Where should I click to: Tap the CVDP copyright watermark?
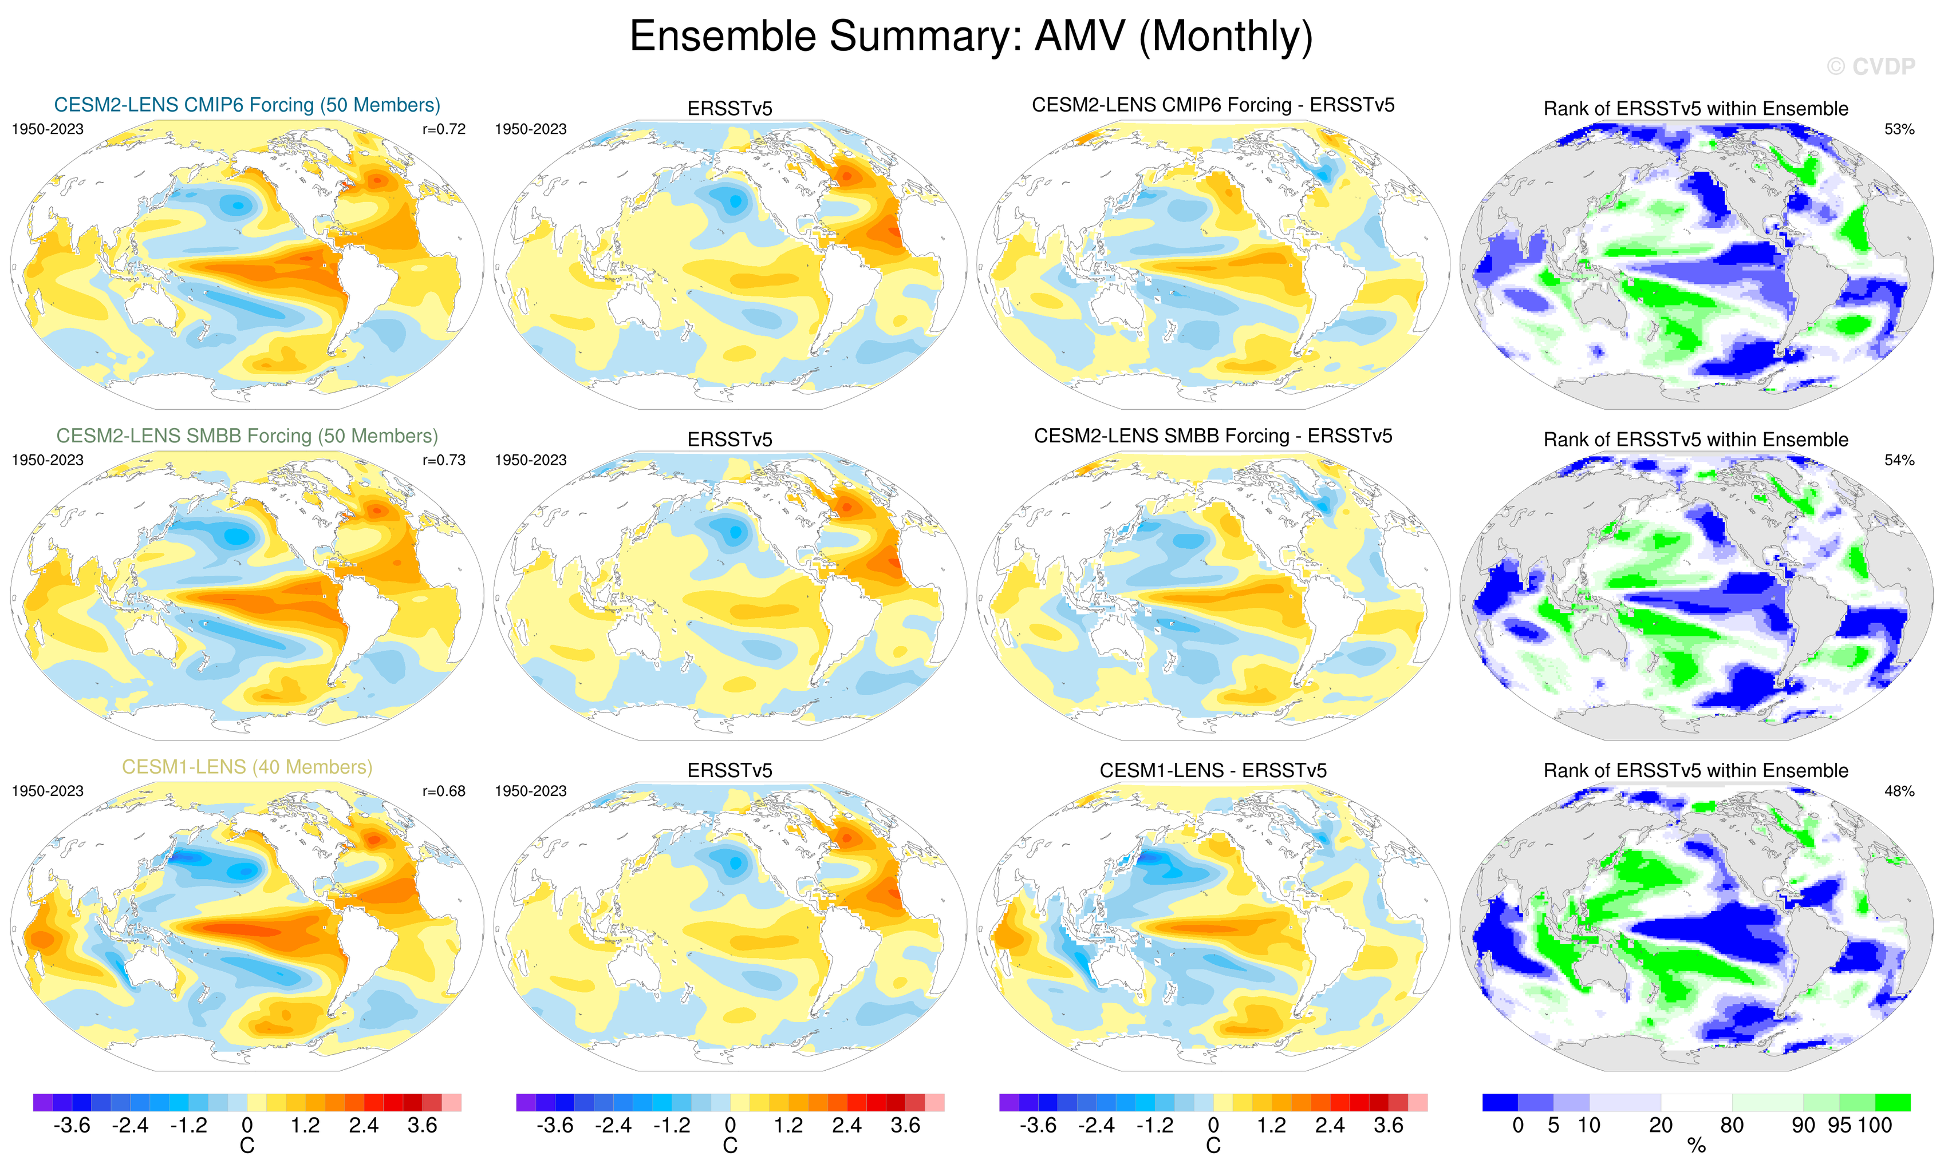(1871, 67)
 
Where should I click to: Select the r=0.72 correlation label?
(443, 129)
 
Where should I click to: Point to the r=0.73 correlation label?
(443, 460)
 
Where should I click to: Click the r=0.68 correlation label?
(443, 791)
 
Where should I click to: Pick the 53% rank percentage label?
(1899, 129)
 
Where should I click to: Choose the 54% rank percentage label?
(1899, 460)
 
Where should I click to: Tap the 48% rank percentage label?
(1899, 791)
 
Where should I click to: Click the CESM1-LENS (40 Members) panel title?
(247, 767)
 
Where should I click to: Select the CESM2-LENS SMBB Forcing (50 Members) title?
(247, 436)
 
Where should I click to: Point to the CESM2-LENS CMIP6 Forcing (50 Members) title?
(247, 105)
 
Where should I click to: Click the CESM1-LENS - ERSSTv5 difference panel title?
(1213, 770)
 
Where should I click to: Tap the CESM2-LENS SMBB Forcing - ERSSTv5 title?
(1213, 436)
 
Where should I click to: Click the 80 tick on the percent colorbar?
(1732, 1126)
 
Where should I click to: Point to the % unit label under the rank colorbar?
(1696, 1147)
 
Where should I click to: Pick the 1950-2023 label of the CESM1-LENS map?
(48, 791)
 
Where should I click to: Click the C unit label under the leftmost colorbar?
(247, 1147)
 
